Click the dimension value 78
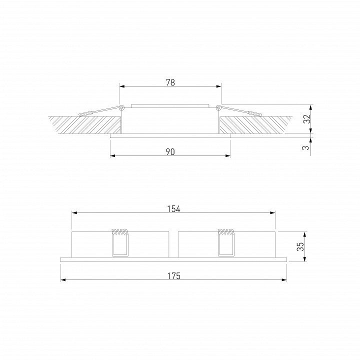click(170, 82)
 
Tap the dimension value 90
click(170, 152)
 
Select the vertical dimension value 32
click(307, 118)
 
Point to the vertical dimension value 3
click(305, 147)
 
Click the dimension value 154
click(173, 209)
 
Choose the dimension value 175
click(173, 275)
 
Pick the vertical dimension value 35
click(300, 246)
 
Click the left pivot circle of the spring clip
click(121, 107)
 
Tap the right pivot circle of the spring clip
click(219, 107)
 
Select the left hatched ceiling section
click(87, 125)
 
